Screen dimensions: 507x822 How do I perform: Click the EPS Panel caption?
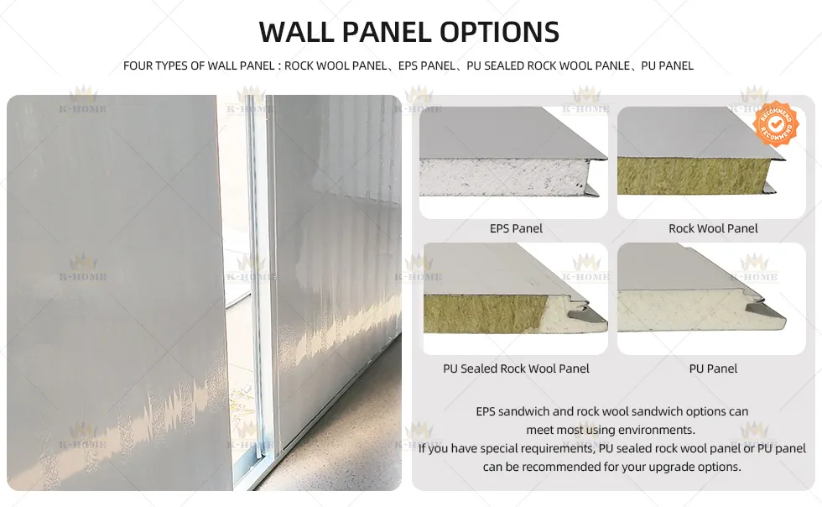516,228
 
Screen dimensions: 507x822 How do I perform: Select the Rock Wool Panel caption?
713,228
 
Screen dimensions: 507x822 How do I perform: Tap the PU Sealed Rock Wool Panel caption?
516,368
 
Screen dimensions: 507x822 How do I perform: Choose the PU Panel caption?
713,368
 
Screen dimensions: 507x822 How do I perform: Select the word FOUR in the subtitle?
138,65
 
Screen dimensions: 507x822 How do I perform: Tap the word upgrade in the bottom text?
651,467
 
